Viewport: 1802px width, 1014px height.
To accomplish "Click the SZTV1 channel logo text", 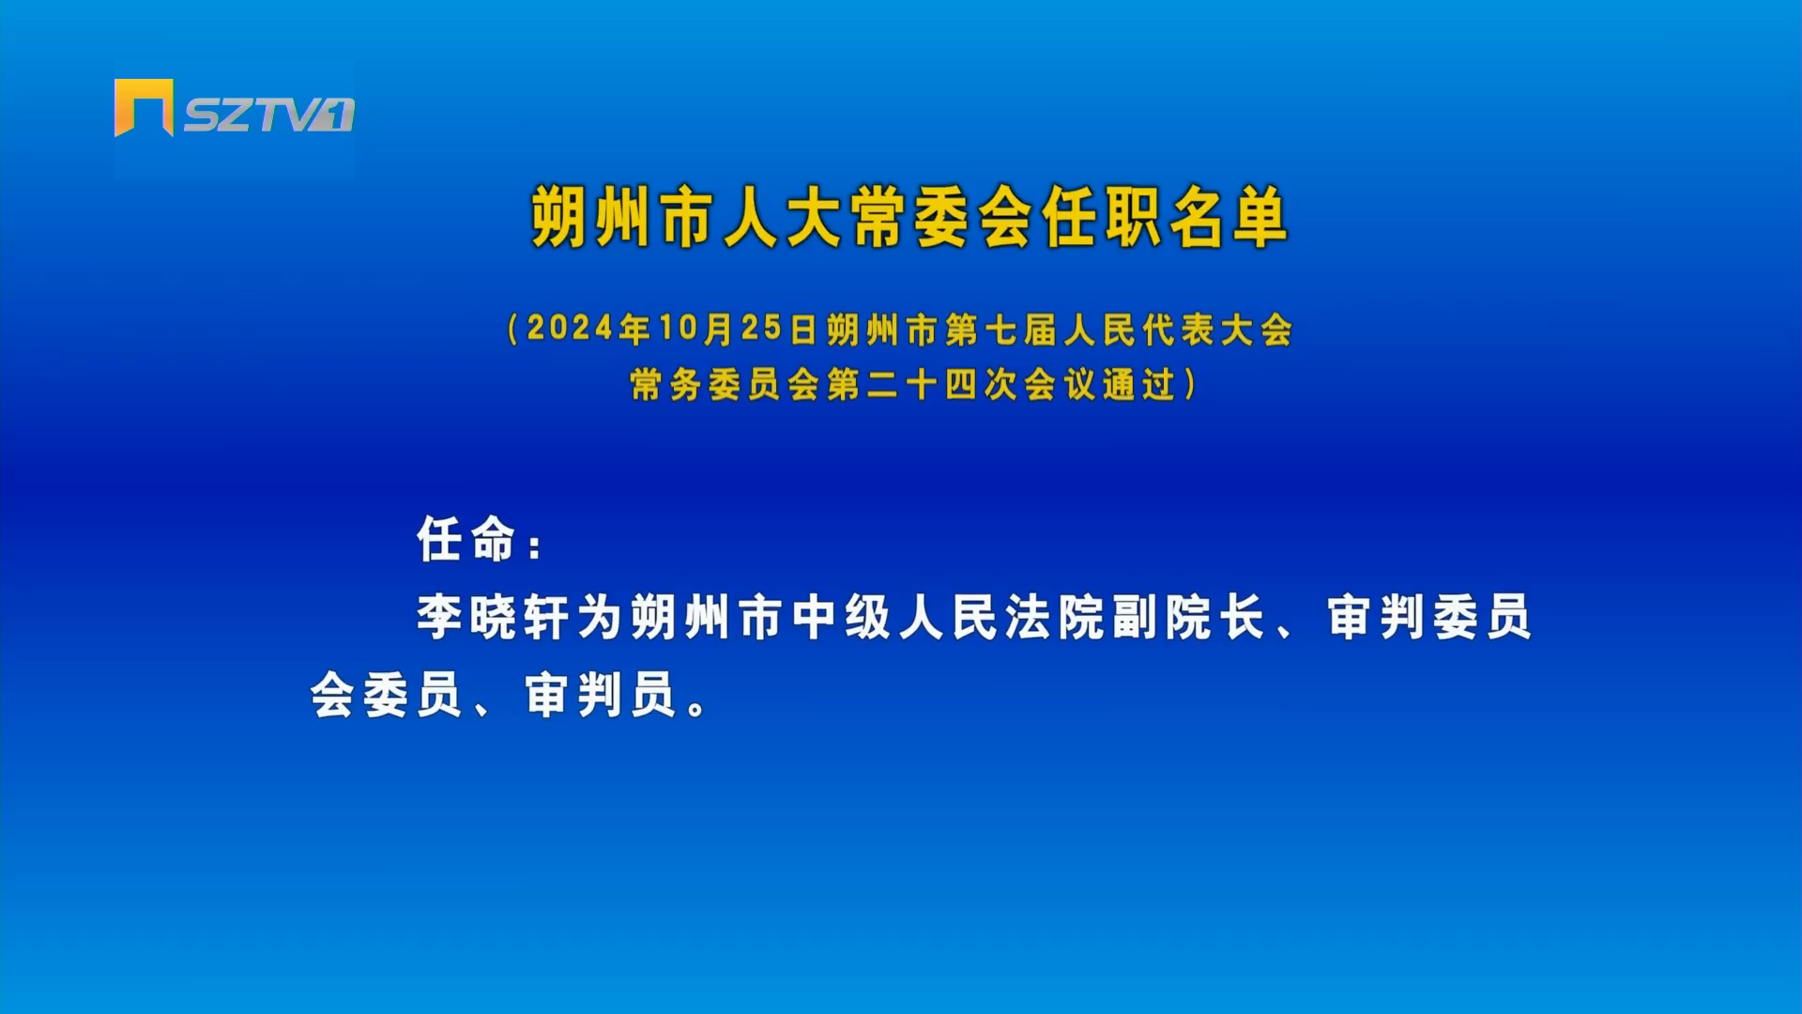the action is (268, 115).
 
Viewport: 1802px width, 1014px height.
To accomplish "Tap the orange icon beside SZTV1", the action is (144, 107).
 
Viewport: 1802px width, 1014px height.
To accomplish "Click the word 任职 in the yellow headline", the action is (1101, 217).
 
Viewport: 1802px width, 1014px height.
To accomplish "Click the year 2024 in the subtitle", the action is (571, 328).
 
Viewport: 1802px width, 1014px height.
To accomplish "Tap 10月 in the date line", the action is (695, 329).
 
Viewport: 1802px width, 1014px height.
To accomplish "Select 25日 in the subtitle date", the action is (779, 329).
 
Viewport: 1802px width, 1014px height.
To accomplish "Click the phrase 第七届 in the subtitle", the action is (1000, 330).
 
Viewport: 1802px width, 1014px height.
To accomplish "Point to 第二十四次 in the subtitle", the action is (923, 384).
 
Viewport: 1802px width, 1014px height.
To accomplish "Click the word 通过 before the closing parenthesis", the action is (1139, 384).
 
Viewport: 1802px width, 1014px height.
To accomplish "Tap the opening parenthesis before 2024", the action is (512, 329).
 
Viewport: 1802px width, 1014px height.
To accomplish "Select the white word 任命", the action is (466, 540).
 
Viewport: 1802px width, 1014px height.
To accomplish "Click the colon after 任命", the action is (535, 546).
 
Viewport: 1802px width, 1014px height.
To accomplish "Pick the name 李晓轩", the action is (493, 617).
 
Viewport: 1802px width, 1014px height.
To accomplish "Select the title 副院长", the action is (1188, 617).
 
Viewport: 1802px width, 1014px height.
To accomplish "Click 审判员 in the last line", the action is (601, 695).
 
